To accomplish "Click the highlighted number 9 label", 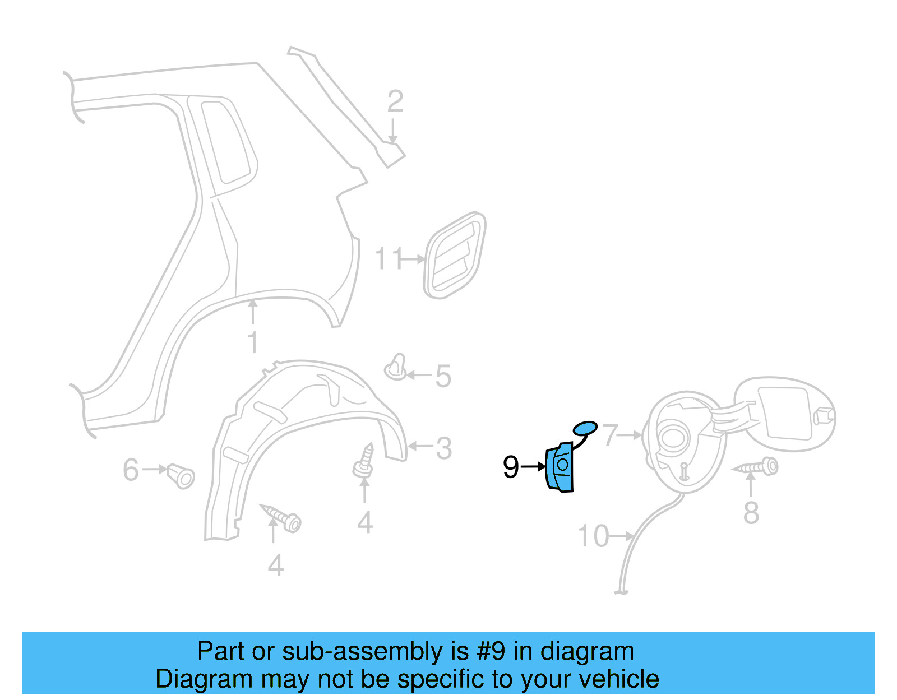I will point(511,467).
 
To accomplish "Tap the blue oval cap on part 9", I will point(585,428).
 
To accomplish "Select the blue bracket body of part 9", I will point(560,467).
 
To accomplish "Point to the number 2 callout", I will point(395,101).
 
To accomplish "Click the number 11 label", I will point(389,259).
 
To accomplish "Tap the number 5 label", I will point(443,376).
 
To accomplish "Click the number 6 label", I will point(131,470).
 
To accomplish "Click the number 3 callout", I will point(443,448).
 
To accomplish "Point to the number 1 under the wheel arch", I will point(253,342).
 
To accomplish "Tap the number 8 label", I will point(751,513).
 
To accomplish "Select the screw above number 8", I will point(757,467).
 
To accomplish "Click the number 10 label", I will point(593,536).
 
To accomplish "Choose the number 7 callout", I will point(610,434).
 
